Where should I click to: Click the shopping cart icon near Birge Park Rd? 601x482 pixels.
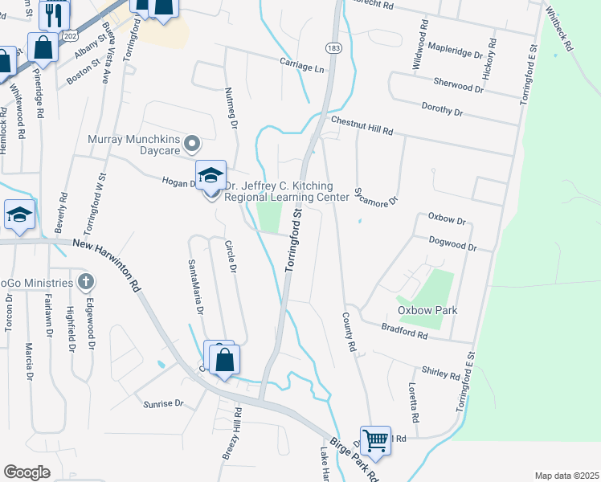375,440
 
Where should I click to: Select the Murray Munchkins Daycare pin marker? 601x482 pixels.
191,144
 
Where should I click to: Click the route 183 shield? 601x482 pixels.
333,49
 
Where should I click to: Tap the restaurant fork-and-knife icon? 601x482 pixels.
55,13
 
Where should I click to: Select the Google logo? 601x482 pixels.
27,472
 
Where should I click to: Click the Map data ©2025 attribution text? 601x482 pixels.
566,476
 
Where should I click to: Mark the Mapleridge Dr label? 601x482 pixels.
454,51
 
